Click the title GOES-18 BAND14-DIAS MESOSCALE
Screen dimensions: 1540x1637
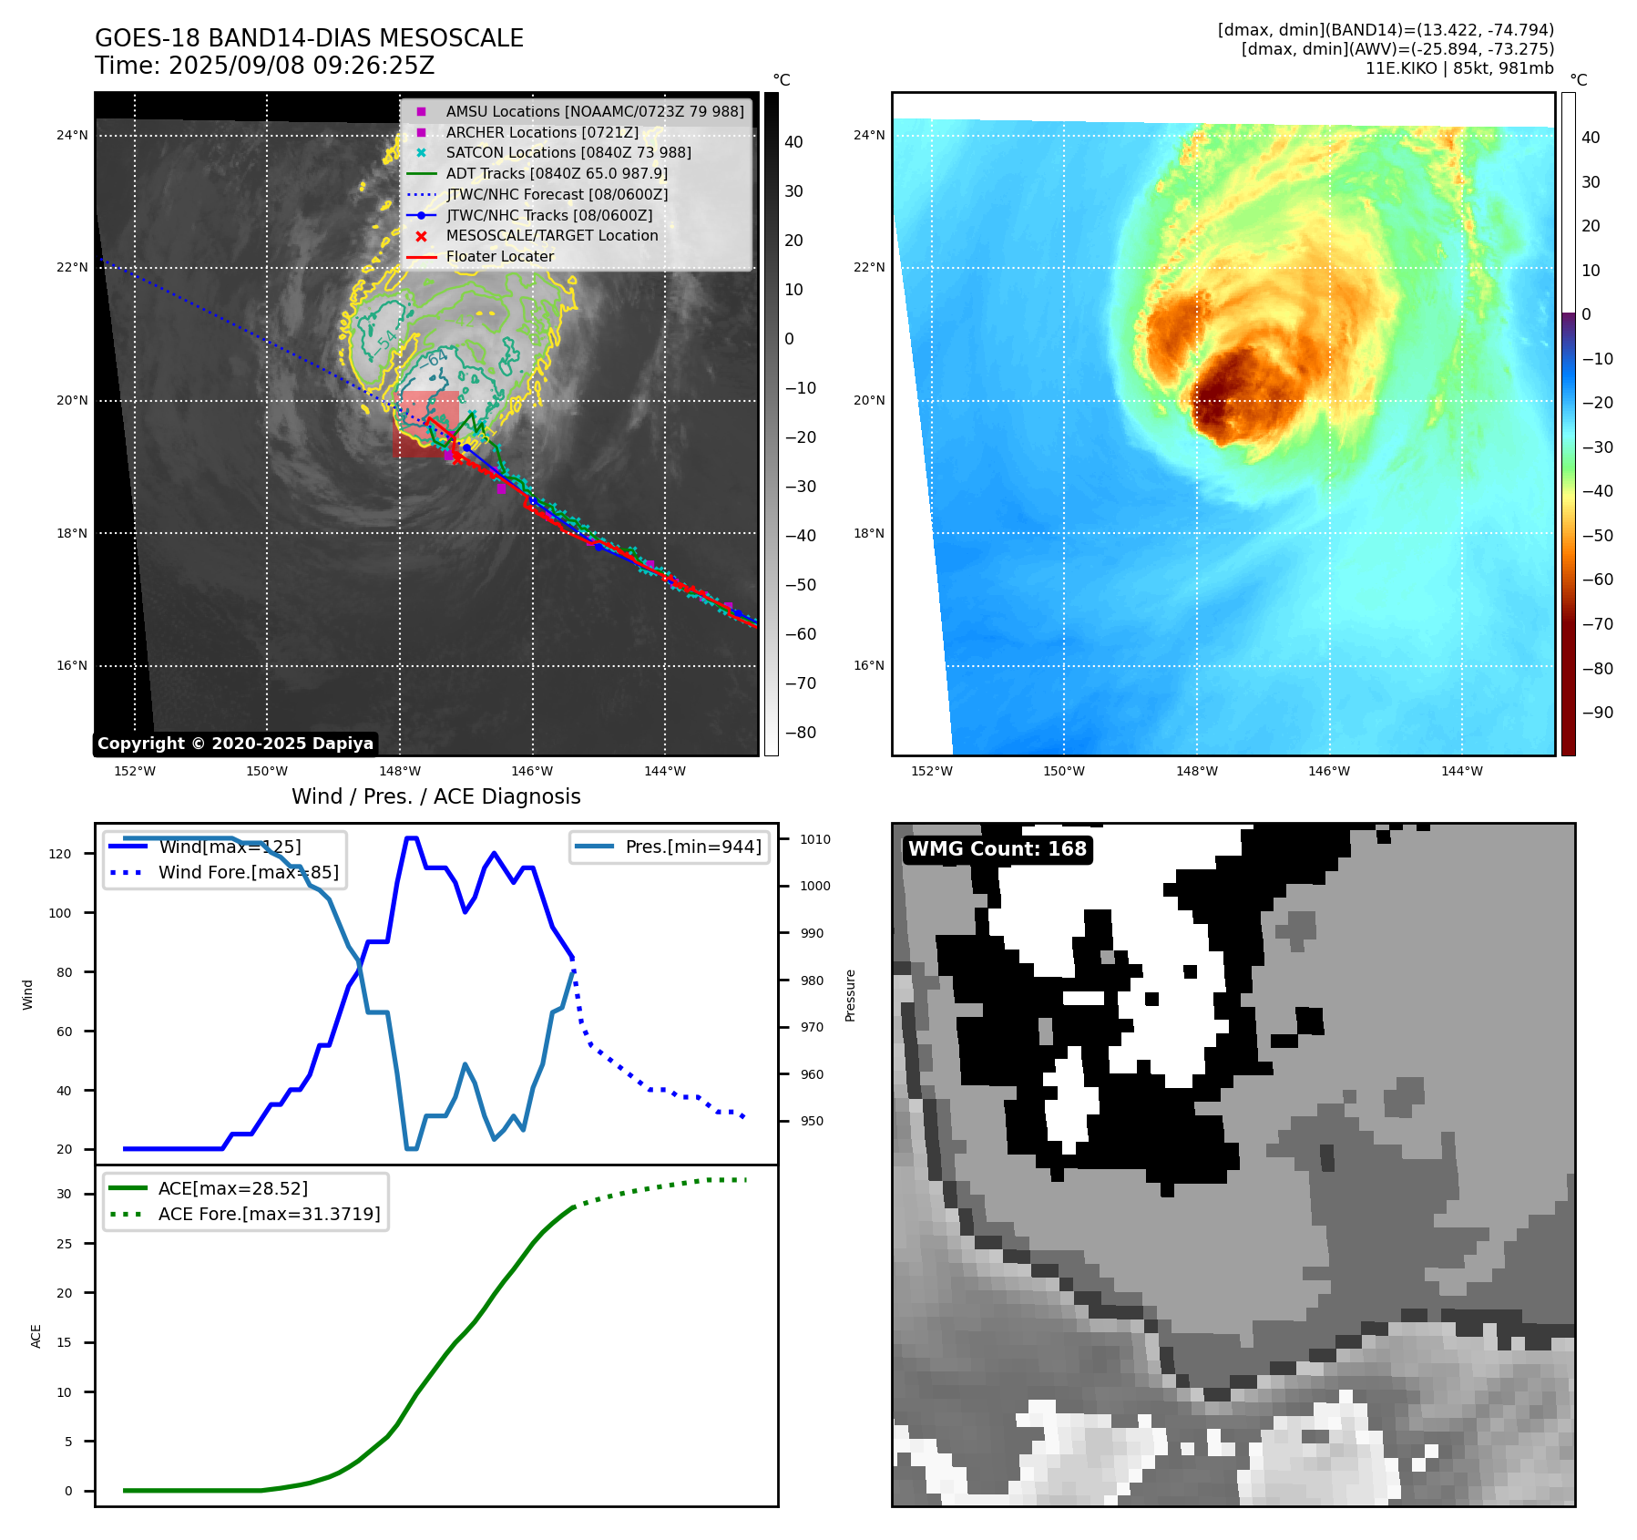309,38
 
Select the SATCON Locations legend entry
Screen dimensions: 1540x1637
568,152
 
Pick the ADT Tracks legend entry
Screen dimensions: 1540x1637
556,173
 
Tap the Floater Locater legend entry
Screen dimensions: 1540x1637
499,256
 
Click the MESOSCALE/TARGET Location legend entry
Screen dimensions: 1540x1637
551,235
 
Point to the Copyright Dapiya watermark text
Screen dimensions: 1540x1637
235,744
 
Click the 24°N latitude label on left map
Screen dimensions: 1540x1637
72,136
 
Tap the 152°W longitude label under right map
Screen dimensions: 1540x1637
931,771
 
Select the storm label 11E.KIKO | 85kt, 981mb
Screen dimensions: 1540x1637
1459,68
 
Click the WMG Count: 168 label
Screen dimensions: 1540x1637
997,849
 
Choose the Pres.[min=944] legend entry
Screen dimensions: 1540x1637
692,847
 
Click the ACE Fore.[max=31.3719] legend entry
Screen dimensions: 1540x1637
269,1214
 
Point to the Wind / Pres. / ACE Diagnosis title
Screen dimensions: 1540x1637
435,796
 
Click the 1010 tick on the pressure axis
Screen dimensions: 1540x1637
815,839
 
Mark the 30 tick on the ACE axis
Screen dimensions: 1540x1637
64,1194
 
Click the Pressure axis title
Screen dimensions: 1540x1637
850,995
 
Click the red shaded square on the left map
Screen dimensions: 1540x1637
425,424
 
